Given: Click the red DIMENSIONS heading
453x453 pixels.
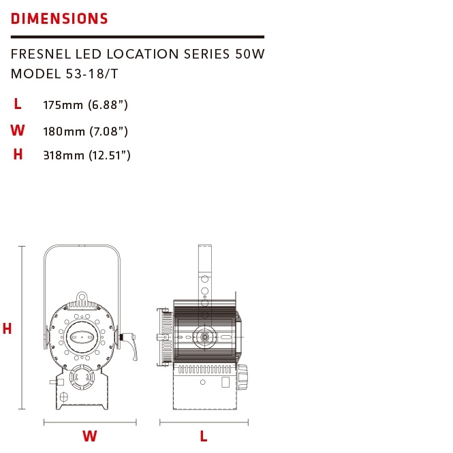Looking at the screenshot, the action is (59, 18).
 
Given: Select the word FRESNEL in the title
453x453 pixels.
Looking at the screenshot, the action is (41, 54).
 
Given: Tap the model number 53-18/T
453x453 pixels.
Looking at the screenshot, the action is (92, 74).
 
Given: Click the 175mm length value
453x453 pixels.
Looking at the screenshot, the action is (63, 105).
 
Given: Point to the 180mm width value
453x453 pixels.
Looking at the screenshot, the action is (64, 131).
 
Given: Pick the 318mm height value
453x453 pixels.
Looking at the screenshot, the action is (63, 155).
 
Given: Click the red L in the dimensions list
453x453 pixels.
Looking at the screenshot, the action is (18, 104).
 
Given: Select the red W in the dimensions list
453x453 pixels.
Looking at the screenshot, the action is (18, 130).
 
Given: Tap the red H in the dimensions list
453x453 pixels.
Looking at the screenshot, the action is (18, 154).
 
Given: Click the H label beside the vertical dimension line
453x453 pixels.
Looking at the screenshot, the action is (7, 328).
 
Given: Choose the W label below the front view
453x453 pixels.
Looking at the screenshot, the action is (89, 436).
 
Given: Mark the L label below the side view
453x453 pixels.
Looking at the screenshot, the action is (204, 436).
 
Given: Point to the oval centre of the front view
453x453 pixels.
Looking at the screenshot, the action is (82, 337).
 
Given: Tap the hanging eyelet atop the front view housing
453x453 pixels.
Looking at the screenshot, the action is (82, 297).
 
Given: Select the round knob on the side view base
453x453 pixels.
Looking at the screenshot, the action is (242, 377).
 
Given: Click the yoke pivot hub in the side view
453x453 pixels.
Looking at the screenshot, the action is (204, 337).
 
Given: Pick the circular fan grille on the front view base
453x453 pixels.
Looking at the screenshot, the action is (82, 377).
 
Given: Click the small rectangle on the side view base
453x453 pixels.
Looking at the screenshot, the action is (225, 382).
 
